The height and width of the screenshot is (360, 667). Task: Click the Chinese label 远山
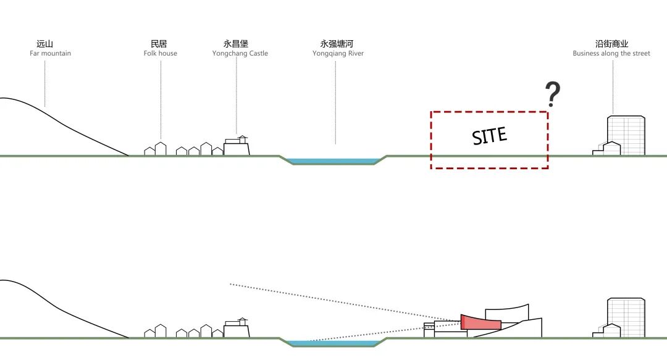tap(45, 44)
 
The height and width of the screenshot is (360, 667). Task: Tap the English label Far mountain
tap(50, 54)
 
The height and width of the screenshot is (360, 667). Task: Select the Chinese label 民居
tap(159, 44)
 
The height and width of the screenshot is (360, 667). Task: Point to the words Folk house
tap(161, 54)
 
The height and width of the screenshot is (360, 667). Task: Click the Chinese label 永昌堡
tap(235, 44)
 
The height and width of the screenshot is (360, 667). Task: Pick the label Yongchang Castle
tap(240, 54)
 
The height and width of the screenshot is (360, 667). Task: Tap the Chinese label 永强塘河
tap(337, 44)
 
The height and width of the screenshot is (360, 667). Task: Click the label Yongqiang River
tap(338, 54)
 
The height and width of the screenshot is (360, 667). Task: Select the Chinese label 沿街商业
tap(611, 44)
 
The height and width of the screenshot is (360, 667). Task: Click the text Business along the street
tap(611, 54)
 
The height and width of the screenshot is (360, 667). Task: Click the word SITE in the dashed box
tap(489, 136)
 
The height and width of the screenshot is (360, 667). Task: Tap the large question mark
tap(553, 95)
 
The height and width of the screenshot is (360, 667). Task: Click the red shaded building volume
tap(480, 322)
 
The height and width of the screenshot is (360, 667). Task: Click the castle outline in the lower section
tap(237, 330)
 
